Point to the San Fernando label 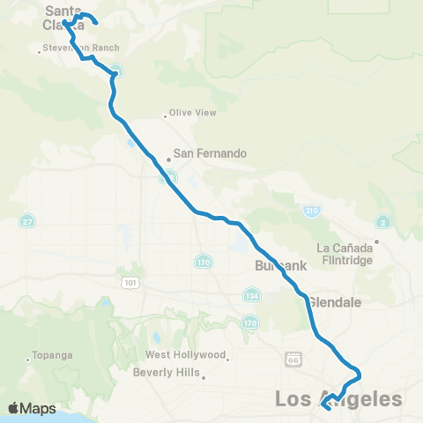coord(209,152)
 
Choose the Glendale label coord(335,301)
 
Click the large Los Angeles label coord(338,399)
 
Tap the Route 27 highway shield coord(28,220)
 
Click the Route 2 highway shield coord(382,222)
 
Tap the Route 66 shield coord(293,360)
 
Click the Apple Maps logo coord(32,408)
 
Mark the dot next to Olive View coord(166,115)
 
